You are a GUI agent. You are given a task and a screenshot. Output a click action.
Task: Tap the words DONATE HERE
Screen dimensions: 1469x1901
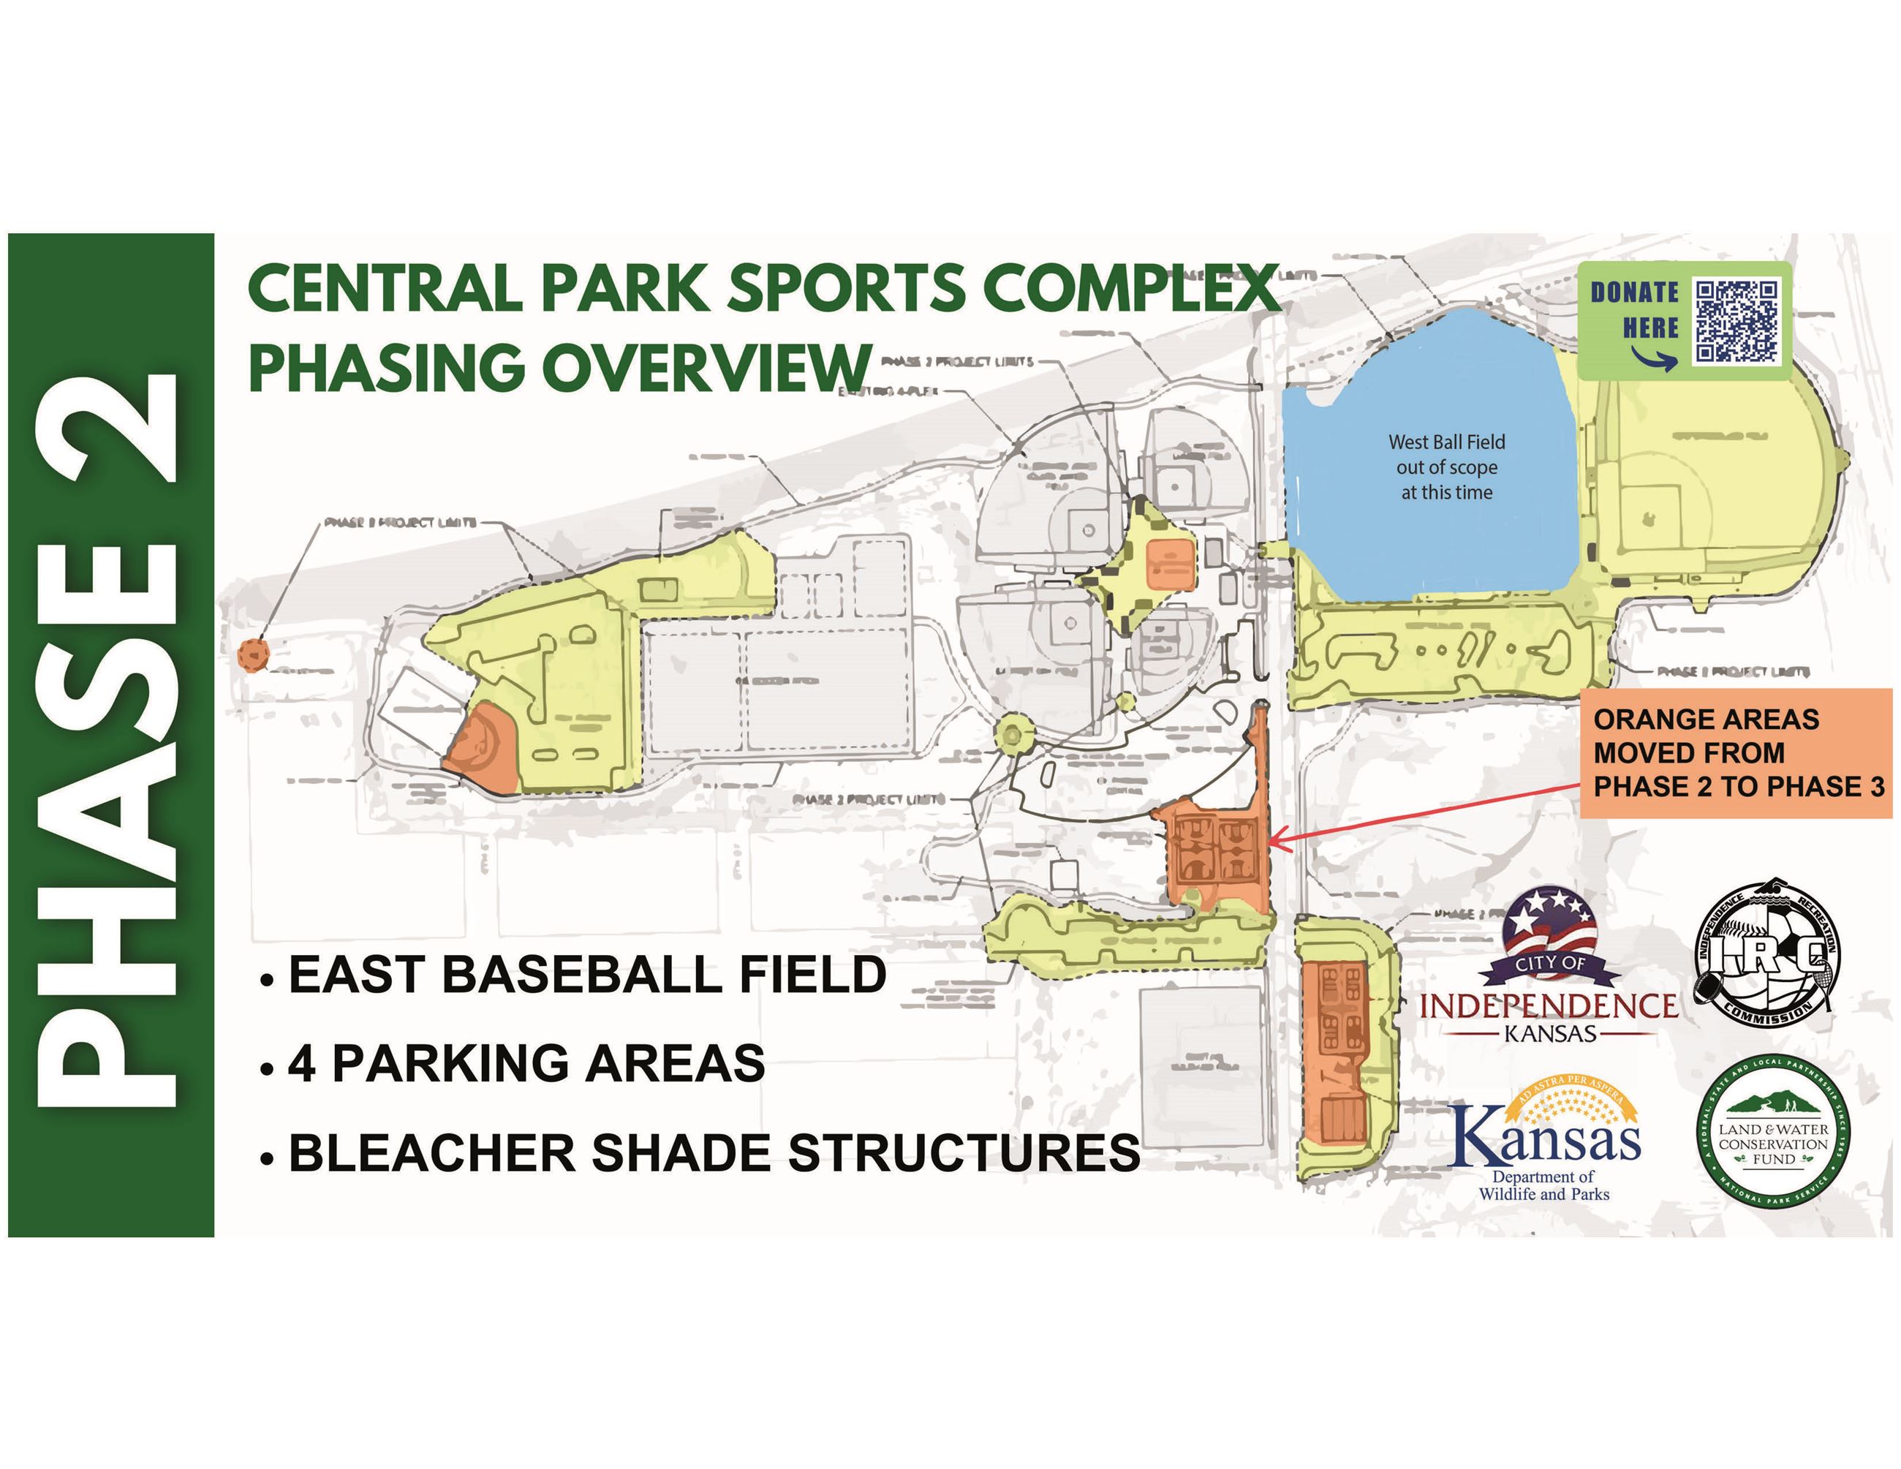point(1634,310)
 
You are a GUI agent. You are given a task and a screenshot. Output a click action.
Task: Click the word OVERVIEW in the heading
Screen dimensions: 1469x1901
point(706,367)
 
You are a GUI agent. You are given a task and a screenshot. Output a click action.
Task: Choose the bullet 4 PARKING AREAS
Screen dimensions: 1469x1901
point(526,1062)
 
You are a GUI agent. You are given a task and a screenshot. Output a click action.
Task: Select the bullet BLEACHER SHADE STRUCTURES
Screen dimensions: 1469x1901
point(714,1152)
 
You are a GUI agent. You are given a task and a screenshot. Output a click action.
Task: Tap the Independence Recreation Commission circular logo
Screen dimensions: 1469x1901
point(1766,952)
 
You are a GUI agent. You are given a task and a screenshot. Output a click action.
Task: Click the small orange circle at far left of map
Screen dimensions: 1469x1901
point(253,654)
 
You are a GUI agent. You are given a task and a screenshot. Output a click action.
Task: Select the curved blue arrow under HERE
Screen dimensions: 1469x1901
point(1654,358)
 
